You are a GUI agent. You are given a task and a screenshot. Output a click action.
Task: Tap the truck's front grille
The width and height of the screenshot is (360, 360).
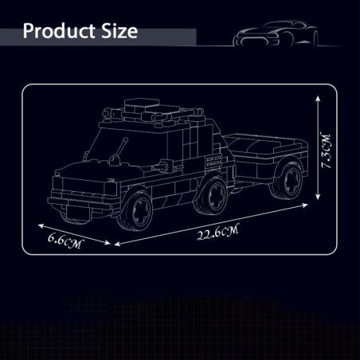tap(72, 186)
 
